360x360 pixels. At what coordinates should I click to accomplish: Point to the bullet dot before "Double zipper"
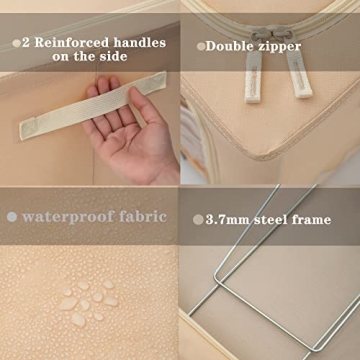tap(201, 46)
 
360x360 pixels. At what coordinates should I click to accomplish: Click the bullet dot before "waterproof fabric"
tap(12, 216)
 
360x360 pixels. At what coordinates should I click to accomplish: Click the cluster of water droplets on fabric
tap(86, 302)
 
